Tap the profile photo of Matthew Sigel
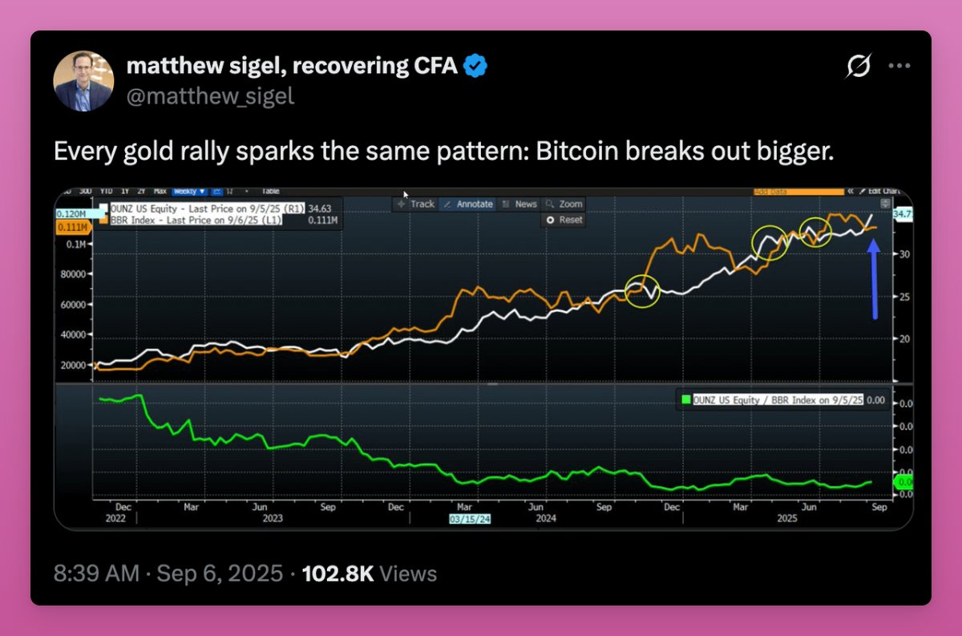83,81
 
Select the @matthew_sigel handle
210,96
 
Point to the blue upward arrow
874,280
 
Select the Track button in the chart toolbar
416,204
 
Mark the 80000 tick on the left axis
73,273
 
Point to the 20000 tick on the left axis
73,365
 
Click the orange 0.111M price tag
72,229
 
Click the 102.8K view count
338,573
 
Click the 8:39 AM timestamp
95,573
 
